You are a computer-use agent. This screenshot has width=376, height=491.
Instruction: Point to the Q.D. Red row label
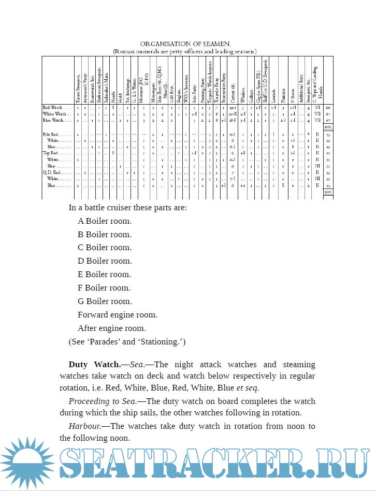[x=52, y=172]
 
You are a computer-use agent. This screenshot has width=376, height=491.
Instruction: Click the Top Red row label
[x=52, y=153]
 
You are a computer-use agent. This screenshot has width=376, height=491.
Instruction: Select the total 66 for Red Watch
[x=328, y=107]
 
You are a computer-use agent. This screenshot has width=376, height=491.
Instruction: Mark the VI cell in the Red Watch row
[x=317, y=107]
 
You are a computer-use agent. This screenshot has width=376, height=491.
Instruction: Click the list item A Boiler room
[x=105, y=221]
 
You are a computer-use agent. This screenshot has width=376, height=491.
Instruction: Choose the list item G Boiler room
[x=105, y=301]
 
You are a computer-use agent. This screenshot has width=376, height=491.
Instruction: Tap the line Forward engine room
[x=118, y=314]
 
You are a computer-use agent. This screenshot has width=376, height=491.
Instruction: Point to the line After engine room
[x=112, y=328]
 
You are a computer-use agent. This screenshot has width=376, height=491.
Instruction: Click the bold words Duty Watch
[x=94, y=365]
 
